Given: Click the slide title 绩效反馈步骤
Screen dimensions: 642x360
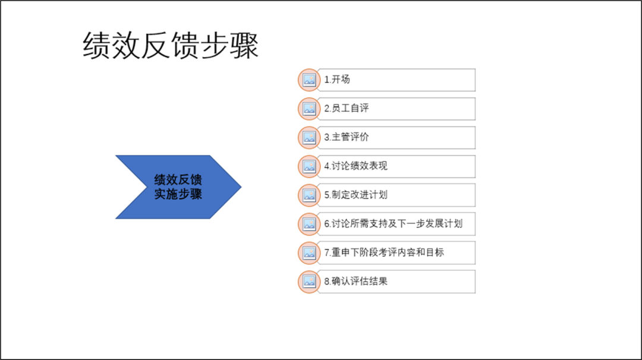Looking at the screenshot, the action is pos(171,45).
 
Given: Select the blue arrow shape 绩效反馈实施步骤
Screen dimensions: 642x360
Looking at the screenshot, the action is pos(178,187).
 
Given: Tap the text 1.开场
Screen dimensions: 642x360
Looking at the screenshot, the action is pos(337,80).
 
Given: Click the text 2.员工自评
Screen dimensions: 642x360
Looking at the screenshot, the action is pos(347,108).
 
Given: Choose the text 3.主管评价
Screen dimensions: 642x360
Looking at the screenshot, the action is pos(347,137).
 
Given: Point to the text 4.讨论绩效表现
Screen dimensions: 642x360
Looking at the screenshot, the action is pos(356,166).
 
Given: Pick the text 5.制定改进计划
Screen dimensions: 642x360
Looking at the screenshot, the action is pos(356,195).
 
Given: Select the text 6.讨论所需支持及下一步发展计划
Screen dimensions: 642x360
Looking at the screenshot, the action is pos(394,224).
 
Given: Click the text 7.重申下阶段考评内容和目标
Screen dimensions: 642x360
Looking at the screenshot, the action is pos(384,252).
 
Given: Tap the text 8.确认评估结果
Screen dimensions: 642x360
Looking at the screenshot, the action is pos(356,282).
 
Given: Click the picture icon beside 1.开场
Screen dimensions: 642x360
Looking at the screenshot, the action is pos(309,80).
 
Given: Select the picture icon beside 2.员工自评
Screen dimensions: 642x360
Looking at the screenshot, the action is pos(309,109).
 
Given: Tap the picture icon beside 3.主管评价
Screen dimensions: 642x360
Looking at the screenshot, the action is pos(309,137).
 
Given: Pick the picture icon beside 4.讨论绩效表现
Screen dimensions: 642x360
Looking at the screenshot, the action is pos(309,166).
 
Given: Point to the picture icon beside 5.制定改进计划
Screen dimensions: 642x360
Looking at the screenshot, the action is pos(309,195).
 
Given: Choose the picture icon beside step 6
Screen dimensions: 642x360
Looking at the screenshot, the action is pos(309,224).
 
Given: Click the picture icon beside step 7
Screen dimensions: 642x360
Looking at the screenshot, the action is pos(309,253).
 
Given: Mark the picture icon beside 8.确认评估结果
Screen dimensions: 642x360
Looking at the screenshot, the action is pos(309,282).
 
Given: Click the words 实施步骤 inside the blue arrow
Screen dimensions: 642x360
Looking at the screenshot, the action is pos(178,194).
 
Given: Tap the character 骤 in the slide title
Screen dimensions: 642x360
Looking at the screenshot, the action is pos(244,45).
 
